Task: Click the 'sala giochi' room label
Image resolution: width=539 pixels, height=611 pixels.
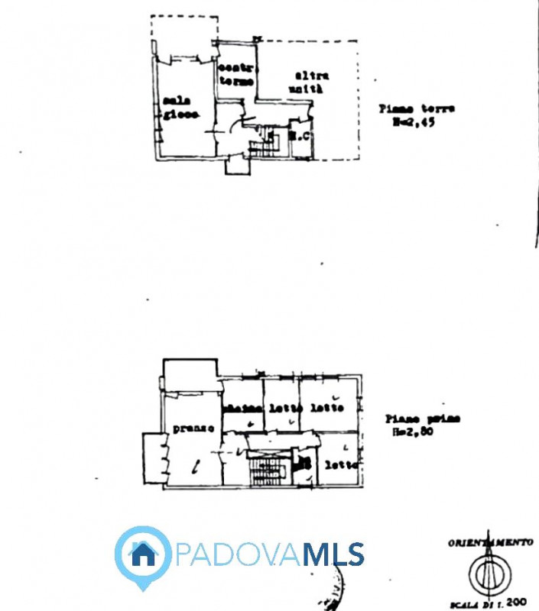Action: tap(180, 108)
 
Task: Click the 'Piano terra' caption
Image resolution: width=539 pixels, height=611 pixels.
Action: tap(417, 108)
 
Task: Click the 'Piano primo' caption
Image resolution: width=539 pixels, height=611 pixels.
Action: tap(423, 419)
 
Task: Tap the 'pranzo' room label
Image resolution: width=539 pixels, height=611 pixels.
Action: tap(193, 429)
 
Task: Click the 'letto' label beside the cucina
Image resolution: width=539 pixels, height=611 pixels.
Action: tap(284, 408)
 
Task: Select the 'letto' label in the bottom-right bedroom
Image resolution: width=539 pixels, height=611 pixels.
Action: tap(340, 464)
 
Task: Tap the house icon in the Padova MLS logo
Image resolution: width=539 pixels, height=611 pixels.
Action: tap(142, 554)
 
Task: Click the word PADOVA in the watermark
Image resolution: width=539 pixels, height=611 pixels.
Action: tap(238, 554)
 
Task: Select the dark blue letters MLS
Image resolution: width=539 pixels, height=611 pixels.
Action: tap(333, 554)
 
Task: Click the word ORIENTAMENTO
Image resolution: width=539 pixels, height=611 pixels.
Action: tap(489, 541)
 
